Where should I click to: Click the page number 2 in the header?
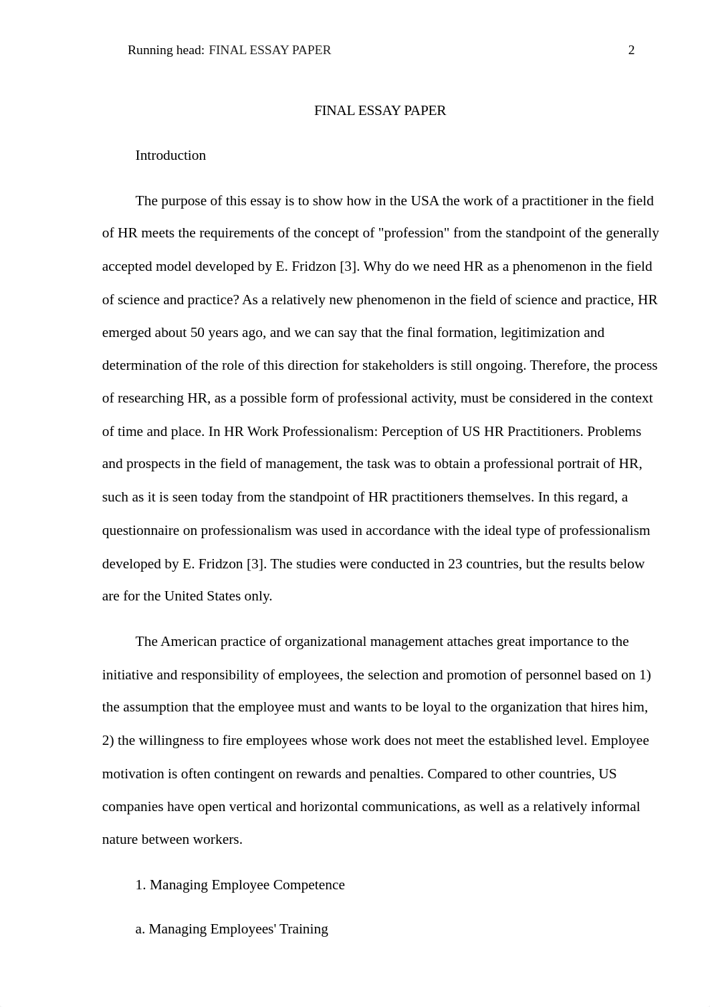coord(631,50)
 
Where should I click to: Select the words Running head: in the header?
coord(166,50)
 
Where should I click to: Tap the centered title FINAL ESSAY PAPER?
coord(380,111)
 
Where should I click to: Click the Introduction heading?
coord(170,156)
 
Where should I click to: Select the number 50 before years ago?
coord(197,333)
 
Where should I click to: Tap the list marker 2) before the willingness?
coord(108,741)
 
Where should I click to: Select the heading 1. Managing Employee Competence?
coord(240,885)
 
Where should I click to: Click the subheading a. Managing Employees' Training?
coord(231,929)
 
